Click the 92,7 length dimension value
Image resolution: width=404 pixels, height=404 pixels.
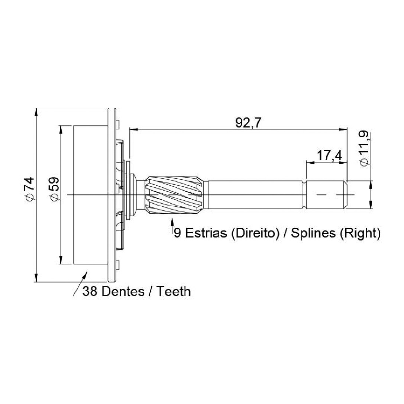(x=248, y=123)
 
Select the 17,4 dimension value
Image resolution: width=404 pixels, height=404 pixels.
(x=329, y=156)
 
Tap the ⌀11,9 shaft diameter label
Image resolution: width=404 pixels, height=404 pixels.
(x=365, y=149)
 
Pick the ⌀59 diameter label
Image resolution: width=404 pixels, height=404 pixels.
(x=54, y=189)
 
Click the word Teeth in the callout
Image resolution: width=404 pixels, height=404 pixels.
(x=174, y=291)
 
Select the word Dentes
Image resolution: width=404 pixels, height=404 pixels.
(x=123, y=291)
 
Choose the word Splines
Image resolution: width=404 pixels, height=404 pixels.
(x=313, y=233)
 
